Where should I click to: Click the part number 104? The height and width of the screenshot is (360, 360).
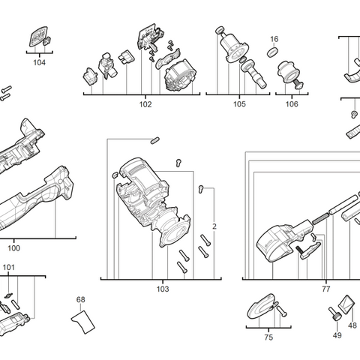point(39,63)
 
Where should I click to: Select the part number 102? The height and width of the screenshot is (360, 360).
point(145,104)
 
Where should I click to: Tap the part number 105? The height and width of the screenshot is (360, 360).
point(238,104)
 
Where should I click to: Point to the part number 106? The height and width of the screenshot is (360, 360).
point(291,104)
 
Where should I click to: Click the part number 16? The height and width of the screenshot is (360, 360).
point(274,39)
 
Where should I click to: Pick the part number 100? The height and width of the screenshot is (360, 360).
point(13,248)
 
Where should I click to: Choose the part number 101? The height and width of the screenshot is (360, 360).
point(8,267)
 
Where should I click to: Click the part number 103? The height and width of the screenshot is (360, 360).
point(163,289)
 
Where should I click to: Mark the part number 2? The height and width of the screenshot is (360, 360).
point(214,226)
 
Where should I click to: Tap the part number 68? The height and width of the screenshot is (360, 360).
point(80,300)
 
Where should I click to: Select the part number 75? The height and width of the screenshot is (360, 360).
point(268,337)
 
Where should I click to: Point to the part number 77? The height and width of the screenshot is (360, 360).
point(325,289)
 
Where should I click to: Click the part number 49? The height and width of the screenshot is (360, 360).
point(337,335)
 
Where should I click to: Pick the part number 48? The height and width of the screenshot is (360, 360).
point(352,325)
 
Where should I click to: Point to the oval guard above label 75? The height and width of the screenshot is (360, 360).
point(261,306)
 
